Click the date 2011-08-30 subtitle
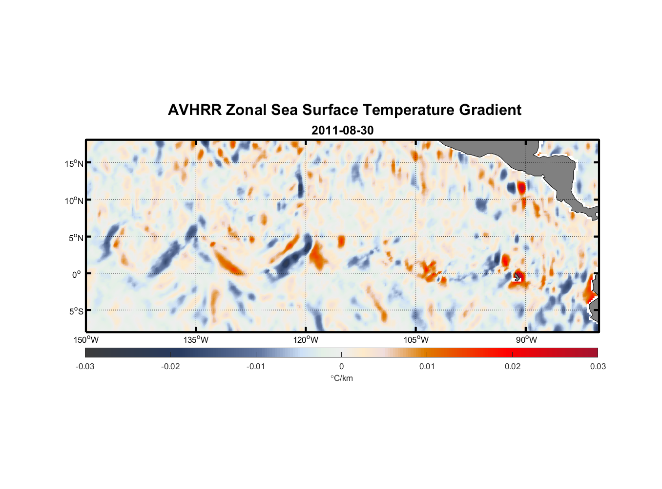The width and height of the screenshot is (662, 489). pyautogui.click(x=342, y=131)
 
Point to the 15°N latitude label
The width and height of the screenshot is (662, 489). pyautogui.click(x=74, y=163)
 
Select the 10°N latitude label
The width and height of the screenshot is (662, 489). pyautogui.click(x=74, y=200)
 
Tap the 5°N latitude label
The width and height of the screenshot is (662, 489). pyautogui.click(x=76, y=238)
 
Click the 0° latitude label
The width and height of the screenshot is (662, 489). pyautogui.click(x=77, y=274)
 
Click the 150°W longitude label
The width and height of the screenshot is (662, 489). pyautogui.click(x=86, y=340)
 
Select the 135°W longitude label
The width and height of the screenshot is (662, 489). pyautogui.click(x=196, y=340)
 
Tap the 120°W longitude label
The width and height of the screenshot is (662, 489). pyautogui.click(x=306, y=340)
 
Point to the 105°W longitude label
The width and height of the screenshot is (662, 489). pyautogui.click(x=416, y=340)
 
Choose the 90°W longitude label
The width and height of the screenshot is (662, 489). pyautogui.click(x=526, y=340)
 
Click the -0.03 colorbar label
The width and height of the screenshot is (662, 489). pyautogui.click(x=85, y=366)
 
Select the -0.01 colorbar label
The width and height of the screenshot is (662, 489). pyautogui.click(x=256, y=366)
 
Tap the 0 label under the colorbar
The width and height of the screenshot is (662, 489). pyautogui.click(x=341, y=366)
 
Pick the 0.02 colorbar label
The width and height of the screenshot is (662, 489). pyautogui.click(x=512, y=366)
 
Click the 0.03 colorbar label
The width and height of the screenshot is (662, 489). pyautogui.click(x=598, y=366)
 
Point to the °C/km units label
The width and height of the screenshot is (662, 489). pyautogui.click(x=341, y=378)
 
